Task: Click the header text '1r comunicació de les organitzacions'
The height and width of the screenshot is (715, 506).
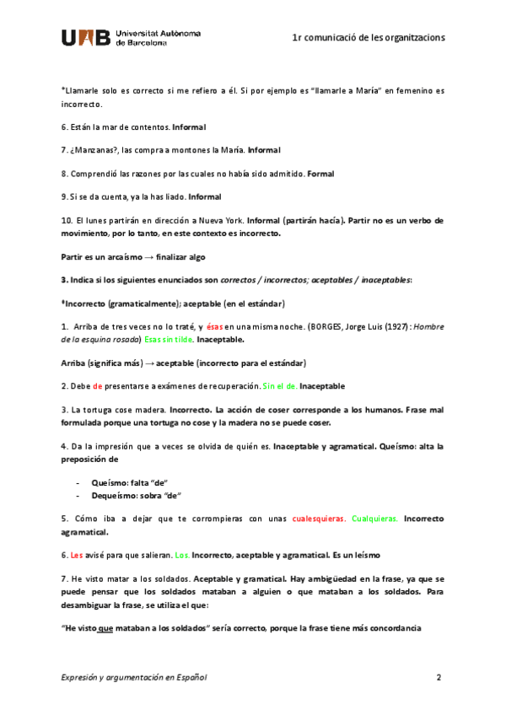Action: (368, 37)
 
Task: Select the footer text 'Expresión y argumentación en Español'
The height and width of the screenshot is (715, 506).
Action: (134, 678)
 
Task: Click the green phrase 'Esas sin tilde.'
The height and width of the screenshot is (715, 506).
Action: (168, 339)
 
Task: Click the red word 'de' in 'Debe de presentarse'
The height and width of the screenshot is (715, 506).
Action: (97, 386)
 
